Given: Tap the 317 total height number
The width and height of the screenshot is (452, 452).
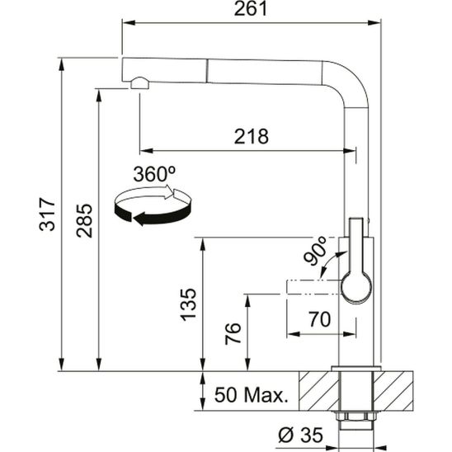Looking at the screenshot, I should point(47,214).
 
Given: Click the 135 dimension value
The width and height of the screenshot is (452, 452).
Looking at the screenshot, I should point(189,304).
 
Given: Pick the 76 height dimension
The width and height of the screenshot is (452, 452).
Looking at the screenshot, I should point(234,332).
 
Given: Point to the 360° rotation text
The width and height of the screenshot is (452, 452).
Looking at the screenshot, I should point(154,175).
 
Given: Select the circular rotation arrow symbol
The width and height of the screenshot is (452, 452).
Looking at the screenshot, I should point(154,205).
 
